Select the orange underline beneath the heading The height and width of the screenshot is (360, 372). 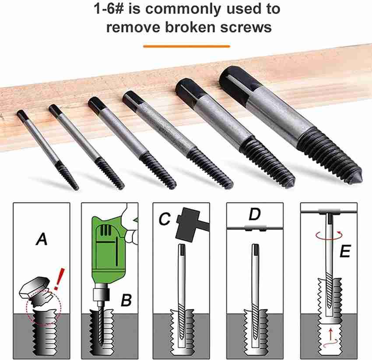pyautogui.click(x=186, y=46)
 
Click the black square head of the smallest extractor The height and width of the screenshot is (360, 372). pyautogui.click(x=22, y=116)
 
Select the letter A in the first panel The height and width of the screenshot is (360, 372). pyautogui.click(x=42, y=239)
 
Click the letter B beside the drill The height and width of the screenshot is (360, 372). pyautogui.click(x=126, y=300)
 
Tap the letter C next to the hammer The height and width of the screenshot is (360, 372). pyautogui.click(x=165, y=219)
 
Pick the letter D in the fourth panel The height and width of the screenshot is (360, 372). pyautogui.click(x=255, y=214)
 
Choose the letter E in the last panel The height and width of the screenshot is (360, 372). pyautogui.click(x=345, y=251)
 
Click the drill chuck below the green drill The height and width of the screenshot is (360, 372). pyautogui.click(x=102, y=294)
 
